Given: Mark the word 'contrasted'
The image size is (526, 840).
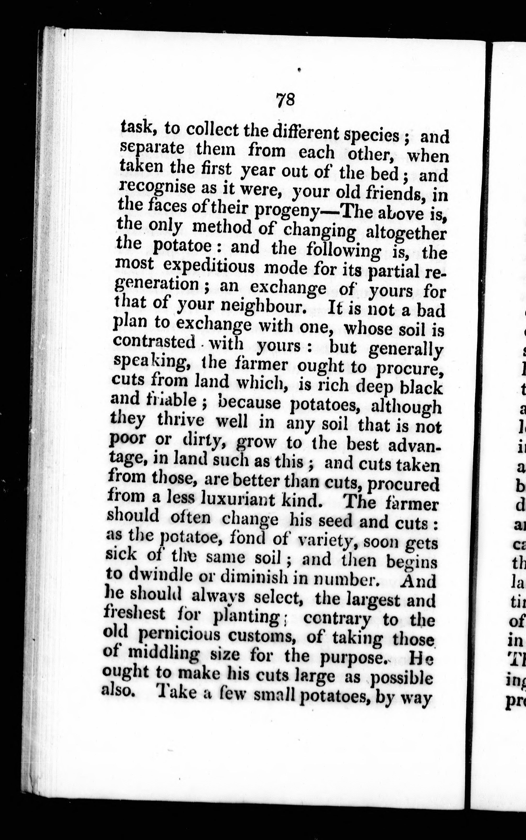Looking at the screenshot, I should (154, 342).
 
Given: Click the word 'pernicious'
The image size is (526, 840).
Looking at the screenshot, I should (179, 635).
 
